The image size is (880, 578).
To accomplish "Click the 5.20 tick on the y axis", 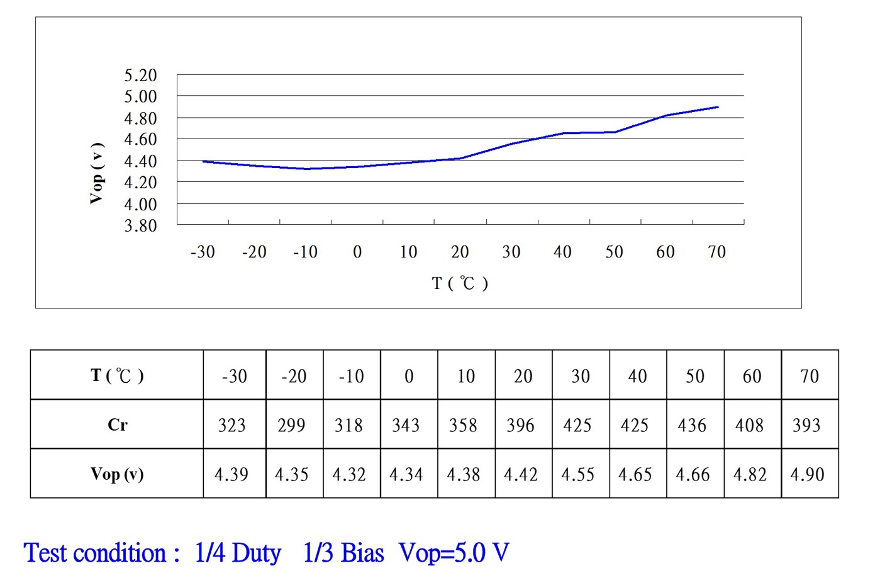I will pyautogui.click(x=140, y=76).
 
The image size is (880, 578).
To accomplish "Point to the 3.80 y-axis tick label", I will pyautogui.click(x=140, y=225).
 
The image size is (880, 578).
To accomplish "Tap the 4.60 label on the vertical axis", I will pyautogui.click(x=140, y=139).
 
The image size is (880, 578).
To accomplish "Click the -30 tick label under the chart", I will pyautogui.click(x=203, y=252).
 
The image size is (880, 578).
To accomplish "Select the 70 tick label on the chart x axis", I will pyautogui.click(x=716, y=252).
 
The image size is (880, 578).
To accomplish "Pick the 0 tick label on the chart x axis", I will pyautogui.click(x=357, y=252).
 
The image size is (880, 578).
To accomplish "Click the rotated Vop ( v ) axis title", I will pyautogui.click(x=96, y=173).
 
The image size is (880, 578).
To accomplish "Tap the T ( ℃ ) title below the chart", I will pyautogui.click(x=460, y=283).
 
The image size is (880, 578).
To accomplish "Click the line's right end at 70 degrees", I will pyautogui.click(x=718, y=107).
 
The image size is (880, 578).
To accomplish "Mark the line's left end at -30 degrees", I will pyautogui.click(x=203, y=161).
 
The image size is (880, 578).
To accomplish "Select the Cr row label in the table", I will pyautogui.click(x=118, y=425).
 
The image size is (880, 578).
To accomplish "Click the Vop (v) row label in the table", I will pyautogui.click(x=117, y=473).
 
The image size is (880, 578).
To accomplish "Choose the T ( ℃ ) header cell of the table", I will pyautogui.click(x=117, y=376).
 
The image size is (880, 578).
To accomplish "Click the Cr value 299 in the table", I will pyautogui.click(x=291, y=426).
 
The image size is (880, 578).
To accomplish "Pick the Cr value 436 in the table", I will pyautogui.click(x=692, y=426).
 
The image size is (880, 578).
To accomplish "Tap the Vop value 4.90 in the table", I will pyautogui.click(x=807, y=474).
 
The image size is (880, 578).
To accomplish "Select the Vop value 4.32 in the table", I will pyautogui.click(x=349, y=474).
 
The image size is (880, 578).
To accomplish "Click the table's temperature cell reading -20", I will pyautogui.click(x=294, y=377).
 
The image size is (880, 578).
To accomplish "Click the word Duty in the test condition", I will pyautogui.click(x=256, y=553).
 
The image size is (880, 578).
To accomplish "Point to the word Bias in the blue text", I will pyautogui.click(x=362, y=553).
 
